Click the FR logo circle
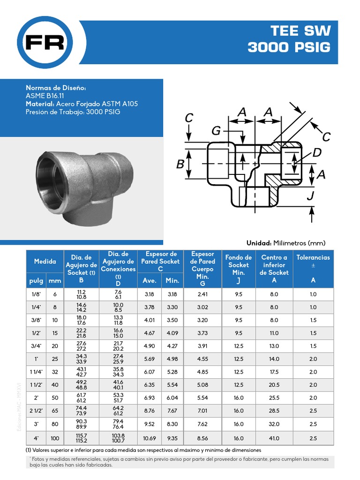click(x=45, y=43)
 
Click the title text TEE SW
click(x=300, y=31)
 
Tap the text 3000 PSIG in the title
click(x=289, y=47)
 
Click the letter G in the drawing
click(x=216, y=131)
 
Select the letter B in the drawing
click(x=180, y=165)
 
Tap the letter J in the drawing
click(x=310, y=195)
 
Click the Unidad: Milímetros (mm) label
click(x=285, y=243)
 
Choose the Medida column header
click(x=45, y=262)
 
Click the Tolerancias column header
click(x=313, y=257)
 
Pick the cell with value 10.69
click(x=150, y=438)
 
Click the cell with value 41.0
click(x=274, y=438)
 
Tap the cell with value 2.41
click(x=202, y=294)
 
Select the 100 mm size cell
click(x=55, y=438)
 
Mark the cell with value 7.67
click(x=172, y=411)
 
